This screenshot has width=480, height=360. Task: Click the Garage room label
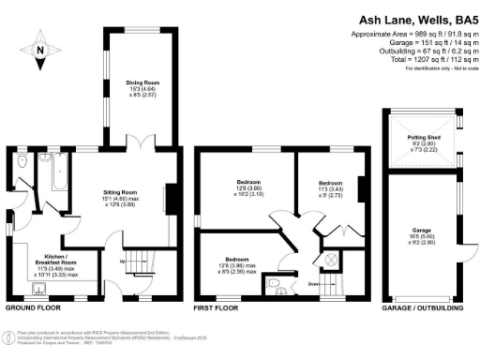pyautogui.click(x=421, y=233)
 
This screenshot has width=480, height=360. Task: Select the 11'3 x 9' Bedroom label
pyautogui.click(x=329, y=187)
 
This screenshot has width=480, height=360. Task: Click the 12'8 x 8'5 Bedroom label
pyautogui.click(x=235, y=265)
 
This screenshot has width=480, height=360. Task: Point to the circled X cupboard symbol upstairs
pyautogui.click(x=329, y=257)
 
